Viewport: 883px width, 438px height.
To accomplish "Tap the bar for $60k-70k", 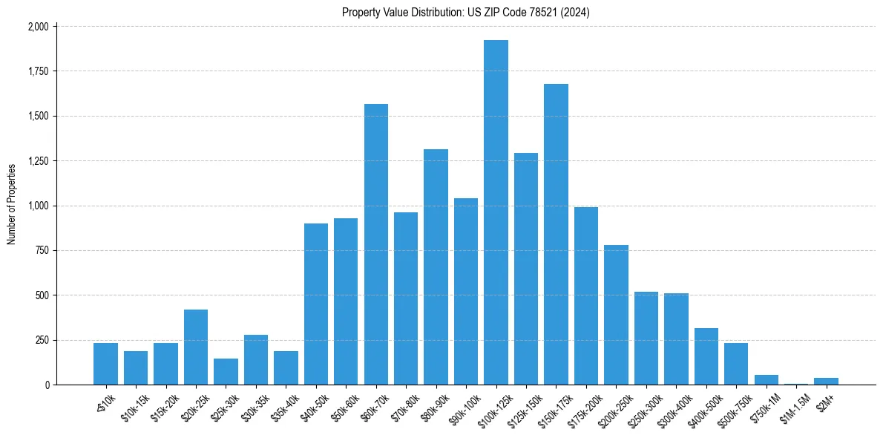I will [x=375, y=244].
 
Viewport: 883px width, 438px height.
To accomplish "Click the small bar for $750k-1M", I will [x=766, y=380].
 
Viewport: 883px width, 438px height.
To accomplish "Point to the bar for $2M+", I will [x=826, y=382].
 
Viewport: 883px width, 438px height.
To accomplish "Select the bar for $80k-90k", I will [x=436, y=267].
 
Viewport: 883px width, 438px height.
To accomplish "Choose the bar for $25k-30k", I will [x=226, y=372].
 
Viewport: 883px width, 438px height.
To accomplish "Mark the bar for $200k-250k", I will [x=616, y=315].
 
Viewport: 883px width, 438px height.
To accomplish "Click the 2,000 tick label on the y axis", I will [x=38, y=27].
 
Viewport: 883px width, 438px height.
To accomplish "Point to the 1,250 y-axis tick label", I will [x=38, y=161].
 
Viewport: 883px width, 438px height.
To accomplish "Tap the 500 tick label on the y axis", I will [x=42, y=295].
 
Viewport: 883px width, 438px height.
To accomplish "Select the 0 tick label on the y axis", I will [x=47, y=385].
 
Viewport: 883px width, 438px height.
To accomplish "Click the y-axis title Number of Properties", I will [x=12, y=205].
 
